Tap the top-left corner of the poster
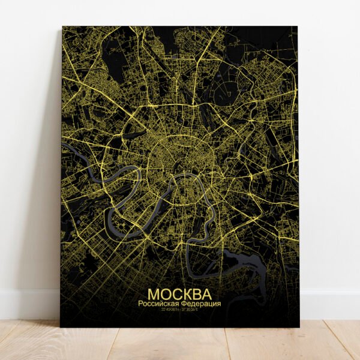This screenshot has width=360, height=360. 62,26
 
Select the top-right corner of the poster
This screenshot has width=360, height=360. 297,26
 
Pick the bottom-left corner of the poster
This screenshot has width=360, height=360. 61,326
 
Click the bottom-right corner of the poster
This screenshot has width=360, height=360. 298,326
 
